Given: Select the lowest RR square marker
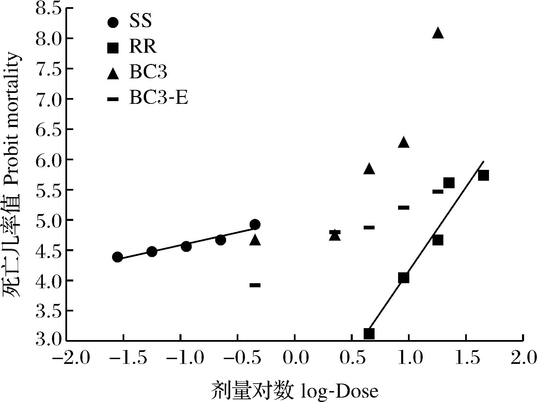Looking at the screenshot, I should (x=369, y=334).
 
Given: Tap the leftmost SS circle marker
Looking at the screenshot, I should (x=117, y=257).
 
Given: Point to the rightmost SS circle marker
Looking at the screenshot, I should (x=255, y=224).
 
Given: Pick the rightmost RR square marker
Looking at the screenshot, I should (x=484, y=176).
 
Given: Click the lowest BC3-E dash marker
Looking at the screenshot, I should (x=255, y=285).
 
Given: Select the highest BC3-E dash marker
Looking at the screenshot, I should (x=438, y=192).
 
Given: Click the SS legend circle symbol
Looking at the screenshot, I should (x=113, y=22).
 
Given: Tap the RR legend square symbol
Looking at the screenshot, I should (x=113, y=48).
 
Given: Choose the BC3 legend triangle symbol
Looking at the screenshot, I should (x=113, y=74).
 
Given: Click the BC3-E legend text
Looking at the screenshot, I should (x=158, y=98).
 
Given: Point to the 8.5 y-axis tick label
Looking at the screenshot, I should (x=48, y=9).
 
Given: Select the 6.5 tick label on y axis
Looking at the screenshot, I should (x=48, y=129).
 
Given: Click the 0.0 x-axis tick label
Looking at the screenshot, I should (x=295, y=358).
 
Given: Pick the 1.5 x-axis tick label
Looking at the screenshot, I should (x=465, y=358).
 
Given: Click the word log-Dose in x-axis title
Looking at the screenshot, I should (x=340, y=391).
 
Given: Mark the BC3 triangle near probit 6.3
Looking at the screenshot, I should (x=404, y=143).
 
